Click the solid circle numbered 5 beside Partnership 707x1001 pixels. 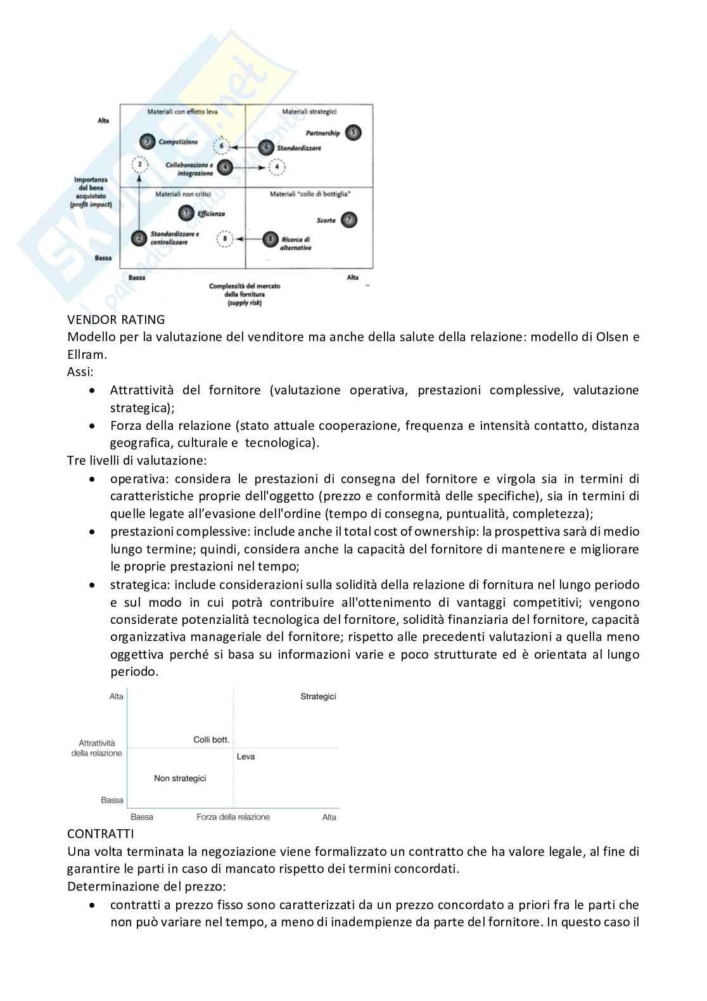tap(353, 132)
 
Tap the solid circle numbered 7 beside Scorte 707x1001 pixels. tap(348, 220)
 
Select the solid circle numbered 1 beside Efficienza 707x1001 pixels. tap(186, 214)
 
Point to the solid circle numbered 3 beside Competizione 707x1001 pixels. tap(147, 142)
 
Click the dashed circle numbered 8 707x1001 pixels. tap(225, 239)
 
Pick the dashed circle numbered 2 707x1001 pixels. tap(139, 165)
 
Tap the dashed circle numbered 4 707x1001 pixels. tap(277, 167)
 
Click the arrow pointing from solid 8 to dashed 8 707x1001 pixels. tap(249, 239)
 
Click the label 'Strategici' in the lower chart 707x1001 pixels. tap(318, 697)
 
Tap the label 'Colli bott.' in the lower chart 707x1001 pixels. tap(211, 740)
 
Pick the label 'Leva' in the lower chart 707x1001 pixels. tap(246, 756)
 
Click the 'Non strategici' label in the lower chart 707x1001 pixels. tap(180, 778)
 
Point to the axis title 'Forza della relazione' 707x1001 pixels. tap(233, 817)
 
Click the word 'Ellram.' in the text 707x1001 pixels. tap(87, 354)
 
